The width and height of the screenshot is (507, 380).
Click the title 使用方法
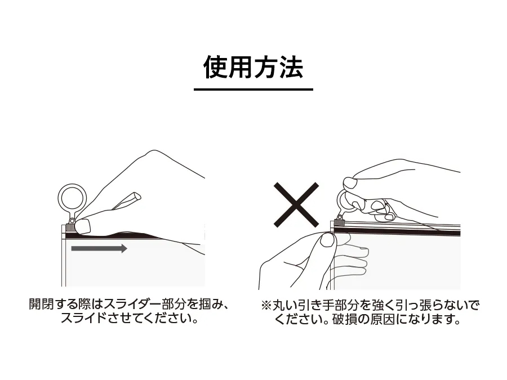click(253, 67)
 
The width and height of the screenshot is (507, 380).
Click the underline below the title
click(253, 89)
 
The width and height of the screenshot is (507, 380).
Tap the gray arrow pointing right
click(99, 248)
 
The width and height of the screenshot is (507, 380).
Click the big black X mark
click(296, 205)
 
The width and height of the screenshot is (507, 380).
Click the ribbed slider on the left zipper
click(70, 227)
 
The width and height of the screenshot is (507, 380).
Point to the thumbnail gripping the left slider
click(83, 226)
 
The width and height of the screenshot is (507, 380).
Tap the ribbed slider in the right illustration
click(339, 222)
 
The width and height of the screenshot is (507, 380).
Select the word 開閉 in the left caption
click(41, 304)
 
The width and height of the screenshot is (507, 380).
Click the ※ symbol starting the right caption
click(266, 305)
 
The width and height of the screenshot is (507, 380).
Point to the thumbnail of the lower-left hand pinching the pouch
click(327, 240)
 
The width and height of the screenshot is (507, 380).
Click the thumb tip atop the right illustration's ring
click(350, 183)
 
